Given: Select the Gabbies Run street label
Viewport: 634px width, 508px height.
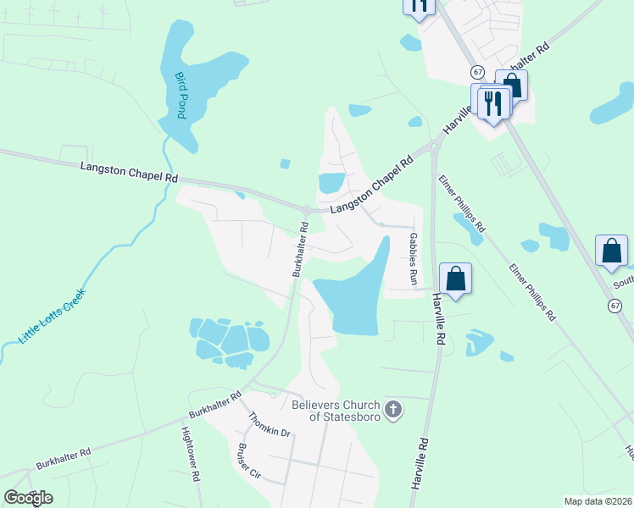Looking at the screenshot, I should tap(414, 258).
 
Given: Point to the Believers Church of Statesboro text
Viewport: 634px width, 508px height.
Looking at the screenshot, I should tap(336, 410).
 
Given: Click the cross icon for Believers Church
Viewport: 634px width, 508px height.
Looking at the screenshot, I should tap(392, 411).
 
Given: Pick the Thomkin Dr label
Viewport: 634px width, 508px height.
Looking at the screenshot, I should tap(270, 425).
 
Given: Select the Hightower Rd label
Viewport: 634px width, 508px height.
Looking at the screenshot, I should tap(191, 453).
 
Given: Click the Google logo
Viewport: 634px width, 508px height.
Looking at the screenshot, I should tap(28, 497).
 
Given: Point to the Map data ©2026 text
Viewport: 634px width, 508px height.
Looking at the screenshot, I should tap(598, 501).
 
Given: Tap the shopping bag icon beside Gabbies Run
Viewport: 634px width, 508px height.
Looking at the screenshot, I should tap(455, 279).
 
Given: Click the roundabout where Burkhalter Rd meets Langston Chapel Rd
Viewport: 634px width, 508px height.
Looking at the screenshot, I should tap(306, 210).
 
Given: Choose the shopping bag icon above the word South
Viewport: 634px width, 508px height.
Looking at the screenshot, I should tap(611, 251).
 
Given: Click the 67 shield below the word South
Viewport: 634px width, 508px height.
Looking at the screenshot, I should tap(615, 305).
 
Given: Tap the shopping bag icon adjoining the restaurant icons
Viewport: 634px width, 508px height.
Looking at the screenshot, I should tap(512, 84).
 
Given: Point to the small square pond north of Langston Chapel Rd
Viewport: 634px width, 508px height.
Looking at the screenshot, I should tap(285, 163).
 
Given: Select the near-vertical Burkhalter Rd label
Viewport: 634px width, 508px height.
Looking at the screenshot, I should tap(299, 251).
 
